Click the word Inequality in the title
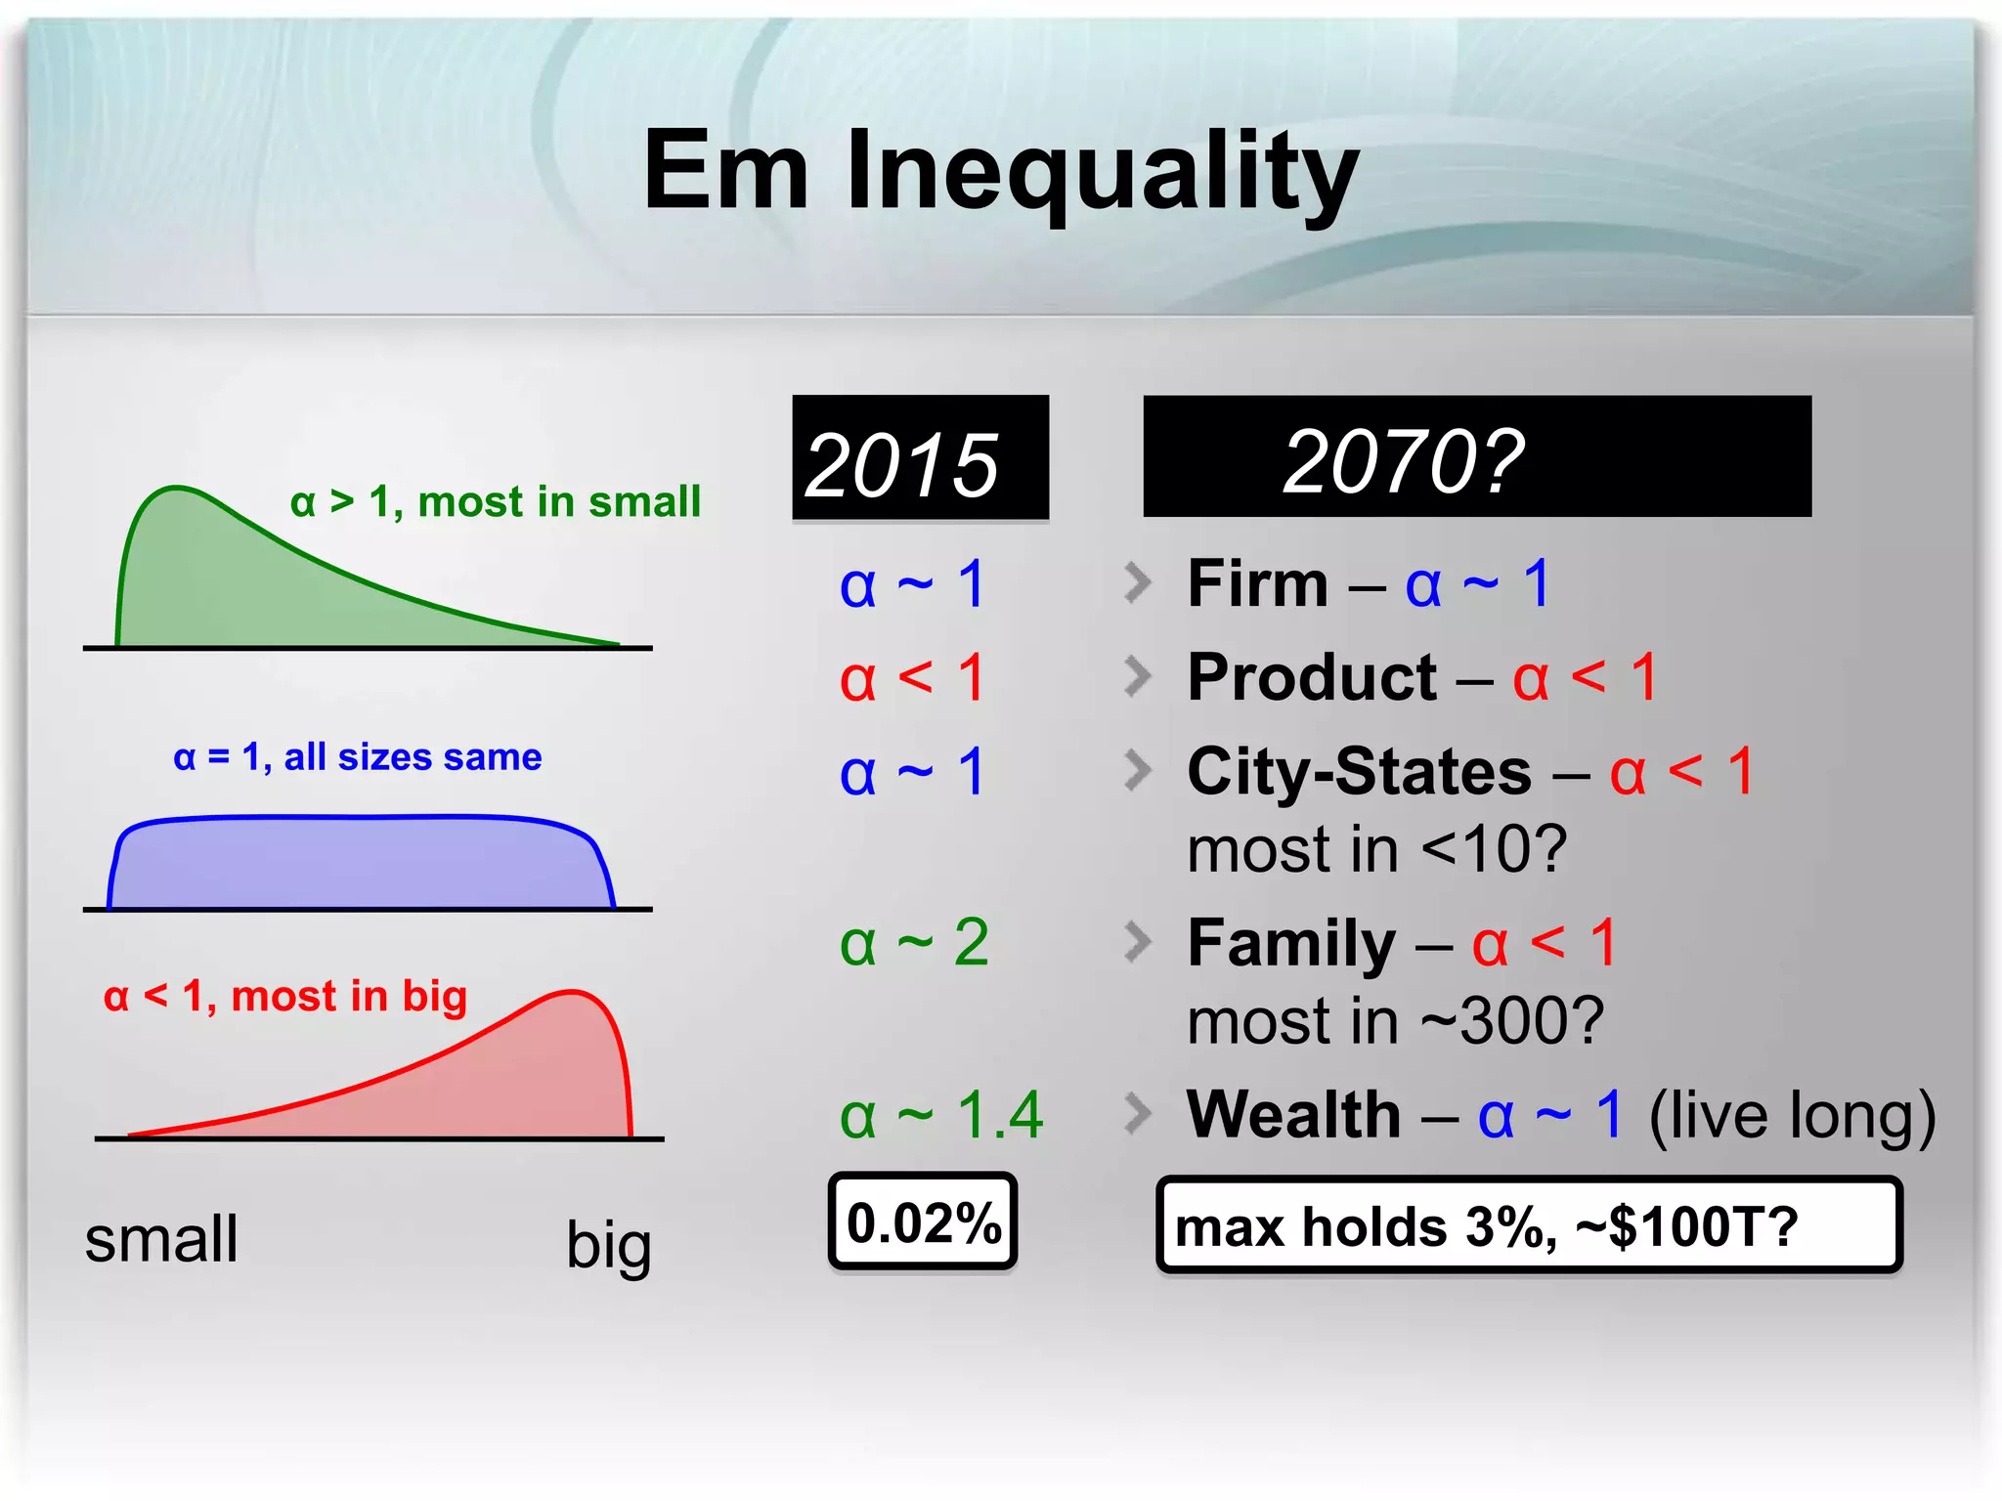(1102, 173)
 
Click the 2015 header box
(920, 458)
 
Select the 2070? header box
(1476, 457)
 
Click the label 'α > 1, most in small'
(496, 502)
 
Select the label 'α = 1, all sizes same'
(357, 757)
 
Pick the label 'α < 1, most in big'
(285, 997)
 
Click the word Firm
(1257, 584)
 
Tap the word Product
(1311, 677)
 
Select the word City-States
(1359, 772)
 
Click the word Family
(1290, 944)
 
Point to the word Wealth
(1293, 1115)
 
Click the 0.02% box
(923, 1222)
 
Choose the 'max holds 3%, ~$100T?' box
(1528, 1226)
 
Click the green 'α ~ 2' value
(914, 944)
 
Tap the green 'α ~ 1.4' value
(940, 1115)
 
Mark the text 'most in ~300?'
(1395, 1021)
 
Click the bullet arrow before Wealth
(1137, 1114)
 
